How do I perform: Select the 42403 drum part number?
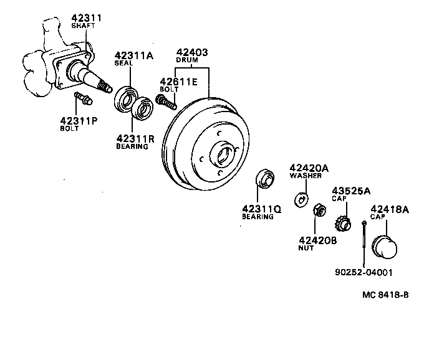[192, 53]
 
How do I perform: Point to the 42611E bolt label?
[178, 81]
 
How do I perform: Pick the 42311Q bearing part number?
[261, 209]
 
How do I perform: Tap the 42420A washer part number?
[309, 168]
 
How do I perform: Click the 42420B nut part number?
[318, 240]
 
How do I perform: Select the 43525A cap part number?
[350, 191]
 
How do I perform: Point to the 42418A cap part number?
[390, 209]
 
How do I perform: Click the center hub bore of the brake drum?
[221, 153]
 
